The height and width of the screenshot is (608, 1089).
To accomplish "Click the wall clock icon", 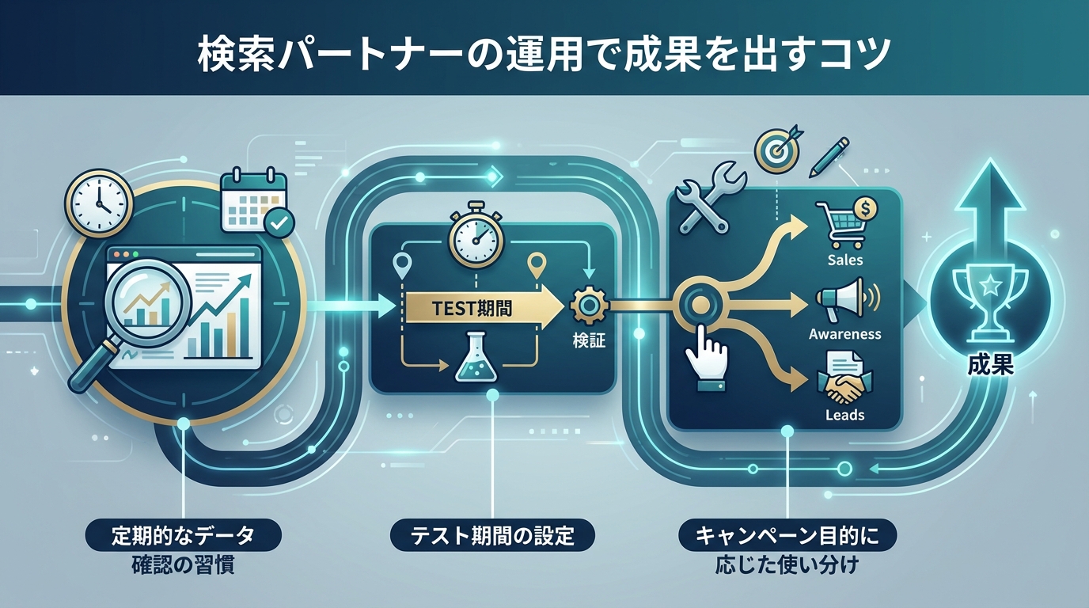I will (x=100, y=203).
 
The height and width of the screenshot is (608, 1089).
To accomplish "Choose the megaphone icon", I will (x=844, y=300).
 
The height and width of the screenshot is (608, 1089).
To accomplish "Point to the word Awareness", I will (x=845, y=334).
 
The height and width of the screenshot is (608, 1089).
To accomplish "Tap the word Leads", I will (x=844, y=415).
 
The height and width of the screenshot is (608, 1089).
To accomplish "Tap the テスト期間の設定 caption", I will (x=493, y=537).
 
